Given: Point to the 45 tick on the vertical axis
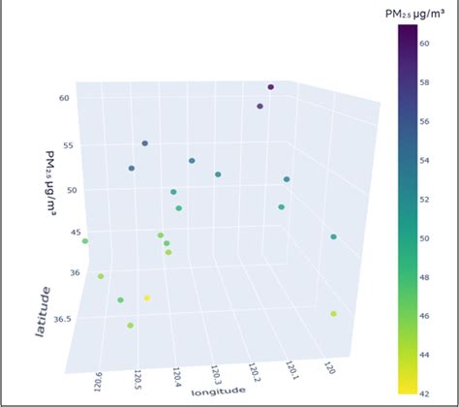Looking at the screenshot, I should [x=74, y=233].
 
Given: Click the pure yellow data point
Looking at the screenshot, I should [x=147, y=297].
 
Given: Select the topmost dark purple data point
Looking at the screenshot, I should [x=271, y=87].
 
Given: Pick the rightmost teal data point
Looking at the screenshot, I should [x=333, y=236].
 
